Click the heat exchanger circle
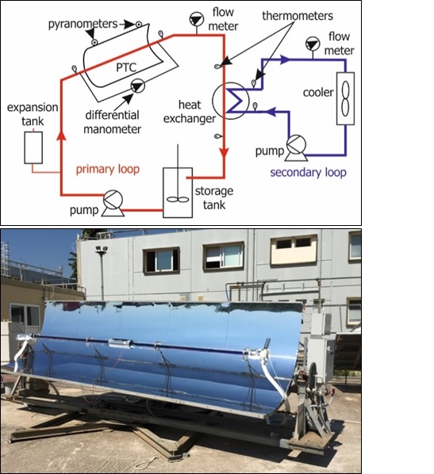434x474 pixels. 213,101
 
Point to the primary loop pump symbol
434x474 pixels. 113,204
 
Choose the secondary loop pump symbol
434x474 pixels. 296,147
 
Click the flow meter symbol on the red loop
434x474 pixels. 197,20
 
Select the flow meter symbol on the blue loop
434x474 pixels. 313,44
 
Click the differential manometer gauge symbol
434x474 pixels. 138,86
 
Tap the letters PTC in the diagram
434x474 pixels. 126,67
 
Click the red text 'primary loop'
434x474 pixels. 108,170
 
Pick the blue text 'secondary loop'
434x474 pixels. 308,173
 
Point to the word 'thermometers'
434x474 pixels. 298,16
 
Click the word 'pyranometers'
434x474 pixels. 83,25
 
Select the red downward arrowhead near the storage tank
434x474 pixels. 224,154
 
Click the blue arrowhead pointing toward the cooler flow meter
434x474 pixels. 285,59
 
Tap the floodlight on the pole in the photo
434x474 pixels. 102,250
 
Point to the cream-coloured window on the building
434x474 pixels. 294,250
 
